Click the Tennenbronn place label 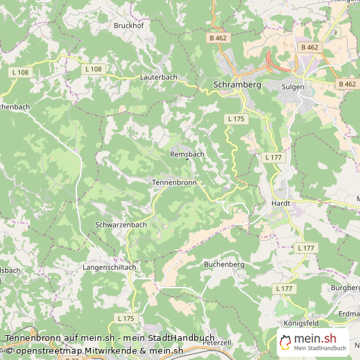174,183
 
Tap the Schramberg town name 236,85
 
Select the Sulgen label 293,86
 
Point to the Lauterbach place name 158,77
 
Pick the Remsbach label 187,154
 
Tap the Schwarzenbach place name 121,225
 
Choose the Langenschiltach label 109,266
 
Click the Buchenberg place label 224,264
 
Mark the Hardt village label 281,203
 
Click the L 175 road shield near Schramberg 236,119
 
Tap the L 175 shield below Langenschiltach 126,318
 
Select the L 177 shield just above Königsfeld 285,289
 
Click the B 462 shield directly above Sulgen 309,47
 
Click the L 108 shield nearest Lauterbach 94,69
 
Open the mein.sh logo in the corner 313,343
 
